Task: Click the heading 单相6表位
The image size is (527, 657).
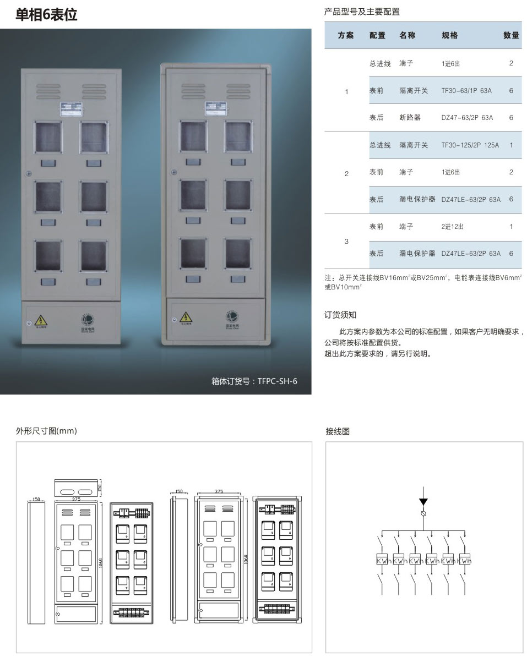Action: (x=46, y=14)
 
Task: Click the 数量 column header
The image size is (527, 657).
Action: (x=511, y=35)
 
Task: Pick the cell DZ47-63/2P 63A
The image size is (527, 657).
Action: (x=466, y=118)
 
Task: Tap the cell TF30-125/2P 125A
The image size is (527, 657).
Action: (x=470, y=145)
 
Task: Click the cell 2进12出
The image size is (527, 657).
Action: (x=453, y=227)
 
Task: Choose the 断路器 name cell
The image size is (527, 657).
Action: (x=410, y=118)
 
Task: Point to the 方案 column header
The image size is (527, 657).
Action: (x=346, y=35)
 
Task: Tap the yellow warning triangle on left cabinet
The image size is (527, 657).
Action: (x=40, y=320)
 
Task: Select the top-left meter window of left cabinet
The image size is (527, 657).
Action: (x=49, y=138)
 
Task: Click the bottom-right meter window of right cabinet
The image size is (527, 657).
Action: (x=238, y=254)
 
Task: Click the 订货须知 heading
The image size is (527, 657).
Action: (x=340, y=315)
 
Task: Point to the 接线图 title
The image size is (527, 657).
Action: (x=338, y=431)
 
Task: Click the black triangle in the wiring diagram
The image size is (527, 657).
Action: (x=423, y=501)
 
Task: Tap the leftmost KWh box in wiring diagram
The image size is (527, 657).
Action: (x=384, y=561)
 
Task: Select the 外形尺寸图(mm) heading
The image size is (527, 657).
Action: (x=46, y=431)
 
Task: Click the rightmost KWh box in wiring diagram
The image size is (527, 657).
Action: (x=465, y=561)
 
